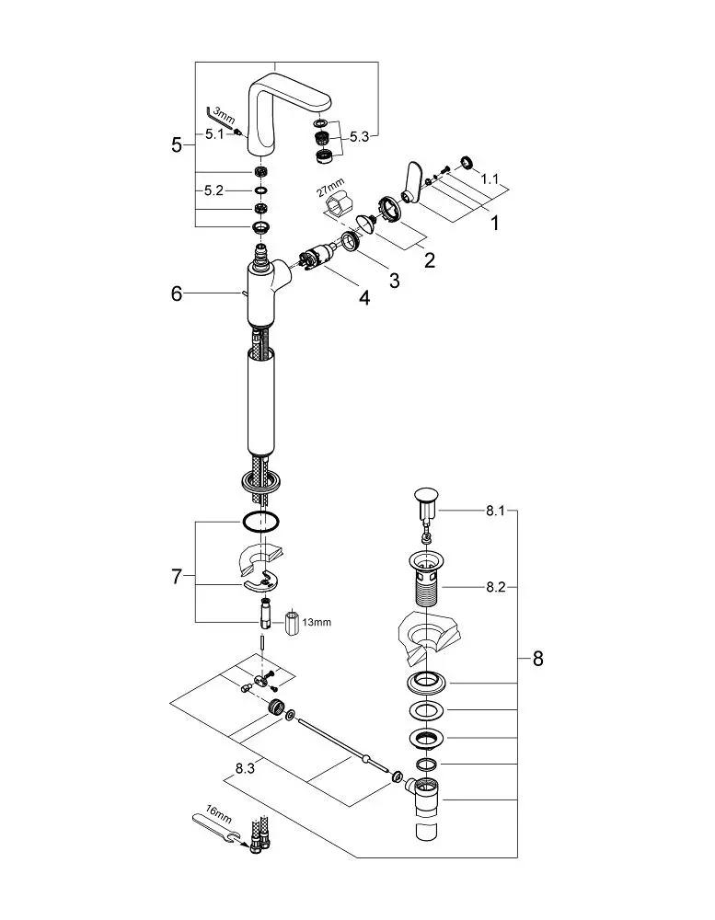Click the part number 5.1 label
coord(214,133)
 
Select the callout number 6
coord(177,293)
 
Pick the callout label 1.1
coord(490,179)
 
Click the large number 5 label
coord(176,144)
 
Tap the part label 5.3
coord(359,137)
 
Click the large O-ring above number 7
coord(260,521)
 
